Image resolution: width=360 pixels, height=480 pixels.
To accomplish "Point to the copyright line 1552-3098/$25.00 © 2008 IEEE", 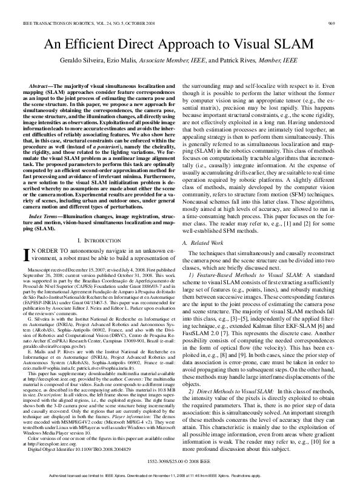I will click(x=180, y=461).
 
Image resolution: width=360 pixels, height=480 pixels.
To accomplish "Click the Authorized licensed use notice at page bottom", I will click(x=180, y=474).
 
